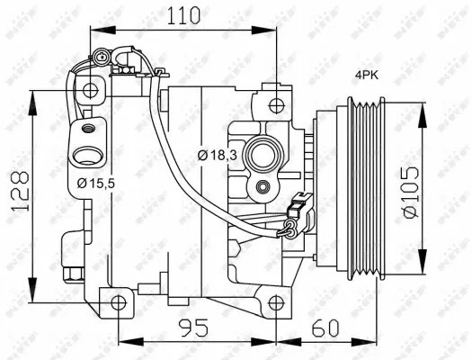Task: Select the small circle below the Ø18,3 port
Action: coord(262,187)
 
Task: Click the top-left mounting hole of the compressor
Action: coord(89,90)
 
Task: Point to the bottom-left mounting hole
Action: coord(119,302)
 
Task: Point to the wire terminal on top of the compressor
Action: coord(117,61)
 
